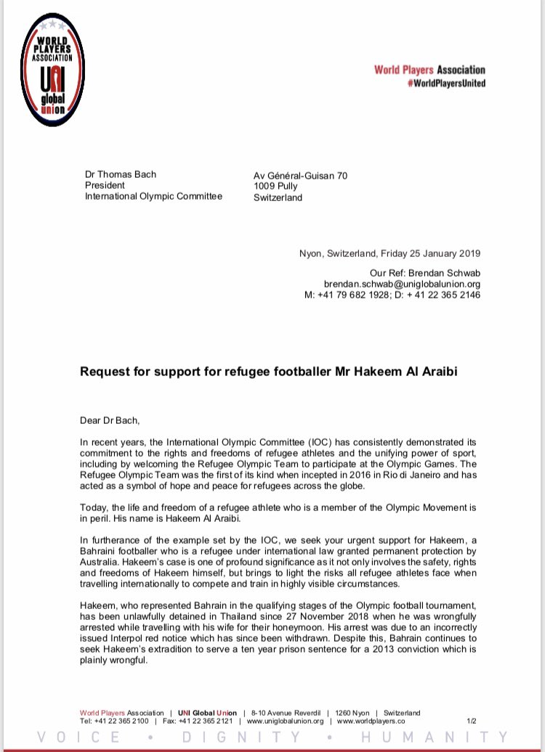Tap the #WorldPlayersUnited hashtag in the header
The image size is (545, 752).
441,83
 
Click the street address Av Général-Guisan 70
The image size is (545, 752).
299,175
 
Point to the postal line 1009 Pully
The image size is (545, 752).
275,186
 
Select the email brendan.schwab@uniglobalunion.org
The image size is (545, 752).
402,284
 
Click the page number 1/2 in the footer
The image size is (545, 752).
471,721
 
